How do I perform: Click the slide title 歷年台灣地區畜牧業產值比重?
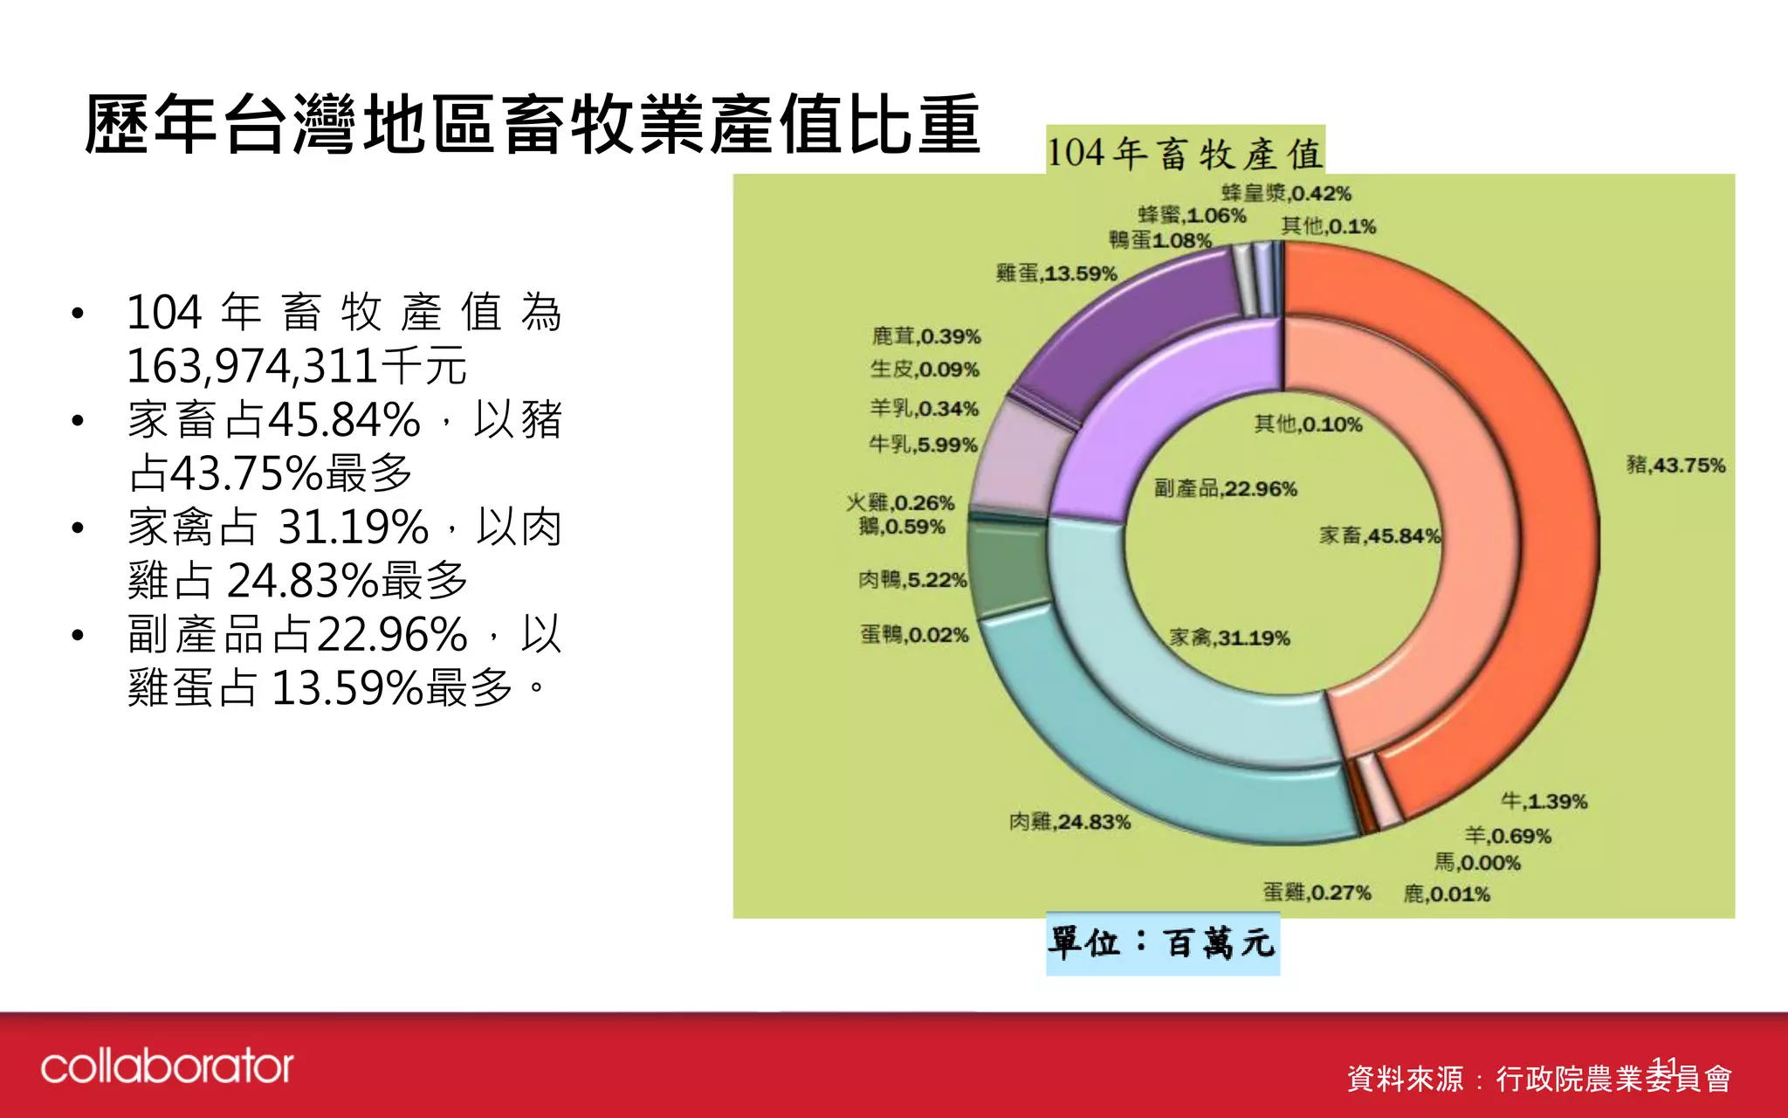[x=533, y=125]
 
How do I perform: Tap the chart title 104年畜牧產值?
[x=1185, y=154]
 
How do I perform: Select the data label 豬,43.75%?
[x=1675, y=465]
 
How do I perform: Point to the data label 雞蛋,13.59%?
[x=1056, y=273]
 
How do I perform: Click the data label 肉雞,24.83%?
[x=1069, y=822]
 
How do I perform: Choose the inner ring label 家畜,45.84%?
[x=1379, y=535]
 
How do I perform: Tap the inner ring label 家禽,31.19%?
[x=1229, y=638]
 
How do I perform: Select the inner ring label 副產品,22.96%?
[x=1225, y=488]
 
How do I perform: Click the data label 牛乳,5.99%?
[x=923, y=445]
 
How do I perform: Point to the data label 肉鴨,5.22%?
[x=912, y=580]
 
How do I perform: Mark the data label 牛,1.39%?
[x=1544, y=801]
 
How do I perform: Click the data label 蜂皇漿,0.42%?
[x=1286, y=193]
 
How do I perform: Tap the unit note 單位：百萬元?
[x=1162, y=943]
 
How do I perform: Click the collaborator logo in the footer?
[x=167, y=1066]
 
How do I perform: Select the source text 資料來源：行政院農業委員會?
[x=1538, y=1079]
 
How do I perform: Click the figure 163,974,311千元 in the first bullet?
[x=297, y=366]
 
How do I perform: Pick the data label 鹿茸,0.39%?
[x=925, y=336]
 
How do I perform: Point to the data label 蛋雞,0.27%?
[x=1317, y=892]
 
